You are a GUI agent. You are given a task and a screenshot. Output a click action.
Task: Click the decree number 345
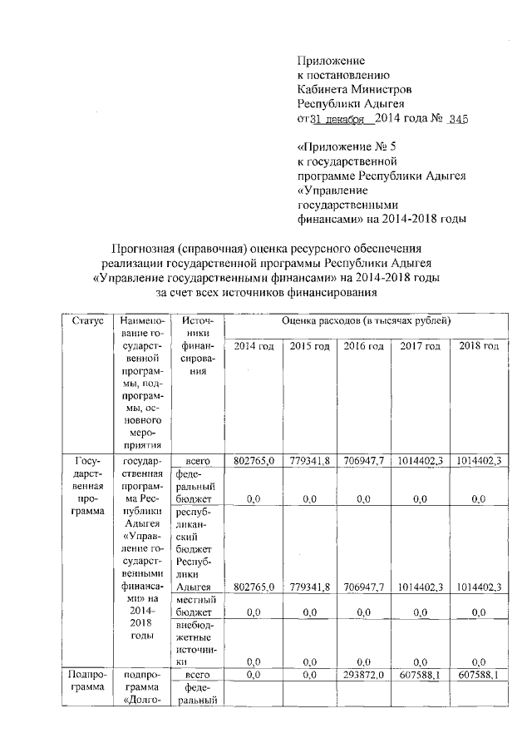[458, 120]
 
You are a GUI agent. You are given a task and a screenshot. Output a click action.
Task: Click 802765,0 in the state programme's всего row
[254, 461]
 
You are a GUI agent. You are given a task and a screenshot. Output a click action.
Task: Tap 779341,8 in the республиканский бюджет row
[310, 587]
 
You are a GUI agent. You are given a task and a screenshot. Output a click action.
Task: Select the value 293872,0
[364, 675]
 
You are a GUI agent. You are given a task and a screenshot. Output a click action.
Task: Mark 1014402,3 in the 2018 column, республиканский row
[478, 587]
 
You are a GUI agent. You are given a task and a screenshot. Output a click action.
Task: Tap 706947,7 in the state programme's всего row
[364, 461]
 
